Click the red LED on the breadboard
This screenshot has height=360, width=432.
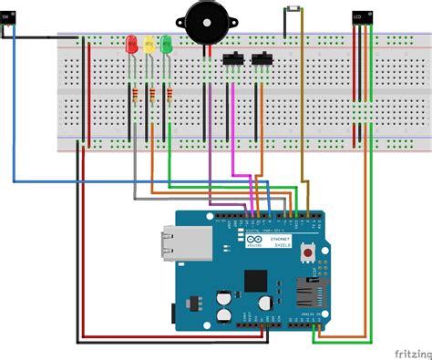(x=131, y=43)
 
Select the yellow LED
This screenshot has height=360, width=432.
(x=148, y=43)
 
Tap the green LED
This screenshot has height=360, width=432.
(x=165, y=43)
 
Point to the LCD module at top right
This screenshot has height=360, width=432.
(x=362, y=16)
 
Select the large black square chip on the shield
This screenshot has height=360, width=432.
(x=259, y=282)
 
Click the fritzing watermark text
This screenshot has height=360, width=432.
(x=411, y=351)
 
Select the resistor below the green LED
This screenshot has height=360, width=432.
(x=168, y=93)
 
